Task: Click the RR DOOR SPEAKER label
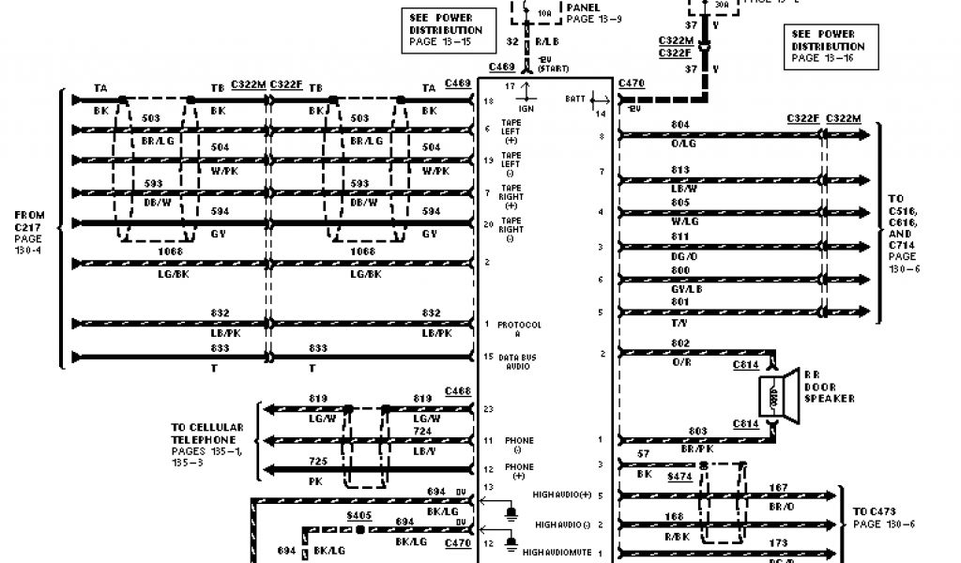click(829, 386)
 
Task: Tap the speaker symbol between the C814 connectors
click(773, 392)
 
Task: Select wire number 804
click(681, 124)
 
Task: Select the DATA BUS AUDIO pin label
click(519, 361)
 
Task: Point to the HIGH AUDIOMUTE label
click(557, 552)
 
